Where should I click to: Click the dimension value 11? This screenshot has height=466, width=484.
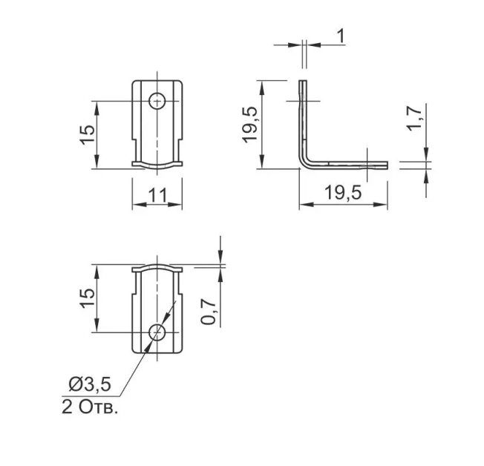click(157, 195)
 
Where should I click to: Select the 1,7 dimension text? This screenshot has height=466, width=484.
click(414, 119)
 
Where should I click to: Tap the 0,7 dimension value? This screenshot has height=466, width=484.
click(209, 312)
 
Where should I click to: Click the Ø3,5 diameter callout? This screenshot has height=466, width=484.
click(90, 384)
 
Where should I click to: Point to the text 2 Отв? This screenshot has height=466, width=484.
click(90, 407)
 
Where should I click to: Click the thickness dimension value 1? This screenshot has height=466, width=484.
click(341, 36)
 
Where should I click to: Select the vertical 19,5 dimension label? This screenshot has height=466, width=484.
click(249, 125)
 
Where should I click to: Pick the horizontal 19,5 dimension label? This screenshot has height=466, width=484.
click(343, 193)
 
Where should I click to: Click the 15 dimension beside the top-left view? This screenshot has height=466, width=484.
click(88, 134)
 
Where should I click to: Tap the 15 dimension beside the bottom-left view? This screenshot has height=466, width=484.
click(88, 298)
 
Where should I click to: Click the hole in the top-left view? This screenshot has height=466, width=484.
click(157, 101)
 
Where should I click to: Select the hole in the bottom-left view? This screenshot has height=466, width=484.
click(157, 332)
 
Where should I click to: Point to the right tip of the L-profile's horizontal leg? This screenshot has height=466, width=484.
click(387, 165)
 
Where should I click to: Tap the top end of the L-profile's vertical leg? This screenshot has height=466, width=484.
click(303, 81)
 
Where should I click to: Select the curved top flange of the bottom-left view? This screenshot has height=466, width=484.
click(157, 268)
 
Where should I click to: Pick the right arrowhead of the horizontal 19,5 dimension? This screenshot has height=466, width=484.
click(381, 204)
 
